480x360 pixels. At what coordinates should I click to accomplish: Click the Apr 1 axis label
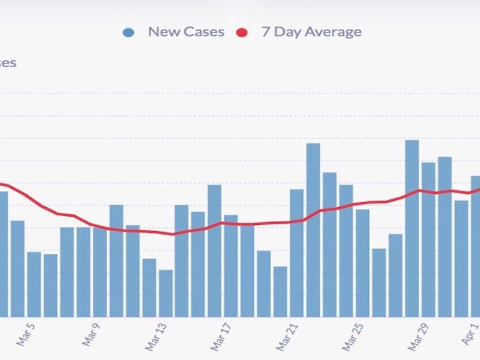click(x=470, y=333)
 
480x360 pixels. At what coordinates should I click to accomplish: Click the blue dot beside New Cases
click(x=128, y=32)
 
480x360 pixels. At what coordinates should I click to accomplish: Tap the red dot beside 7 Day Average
click(x=241, y=32)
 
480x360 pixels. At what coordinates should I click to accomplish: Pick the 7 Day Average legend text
click(x=311, y=32)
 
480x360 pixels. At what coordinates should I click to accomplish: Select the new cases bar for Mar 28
click(x=412, y=228)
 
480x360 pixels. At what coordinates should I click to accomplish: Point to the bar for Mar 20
click(x=280, y=291)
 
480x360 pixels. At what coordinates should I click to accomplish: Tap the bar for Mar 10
click(x=116, y=260)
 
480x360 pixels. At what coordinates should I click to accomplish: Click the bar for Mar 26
click(x=379, y=282)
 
